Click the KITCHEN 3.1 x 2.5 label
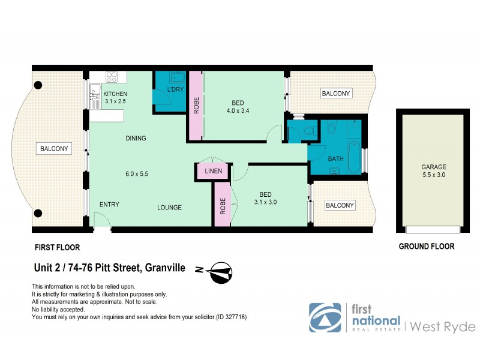click(x=115, y=98)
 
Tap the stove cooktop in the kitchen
click(x=112, y=77)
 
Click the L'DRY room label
click(x=175, y=89)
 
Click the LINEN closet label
click(x=214, y=171)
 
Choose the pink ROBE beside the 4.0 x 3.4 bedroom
click(x=196, y=106)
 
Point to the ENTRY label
click(x=109, y=205)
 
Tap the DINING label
click(x=136, y=139)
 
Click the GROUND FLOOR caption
click(x=427, y=246)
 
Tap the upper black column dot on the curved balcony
click(x=38, y=85)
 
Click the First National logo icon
click(x=325, y=317)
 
